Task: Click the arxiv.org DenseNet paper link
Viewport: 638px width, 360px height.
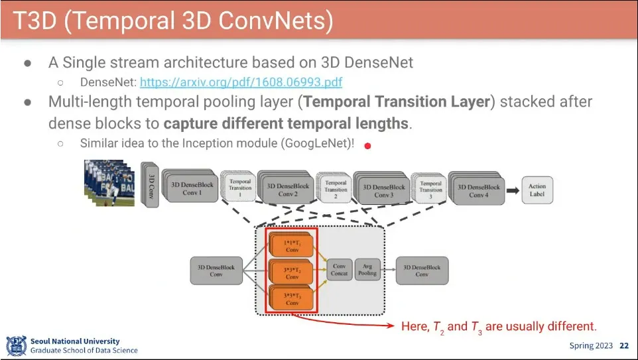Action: click(241, 83)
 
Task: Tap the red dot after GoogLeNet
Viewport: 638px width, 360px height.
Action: click(367, 146)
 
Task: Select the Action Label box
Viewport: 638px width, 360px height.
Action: click(537, 190)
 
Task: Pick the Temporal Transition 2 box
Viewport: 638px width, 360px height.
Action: click(336, 190)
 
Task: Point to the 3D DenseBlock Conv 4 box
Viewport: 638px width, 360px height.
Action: click(478, 190)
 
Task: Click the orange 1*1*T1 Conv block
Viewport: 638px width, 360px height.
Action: click(292, 245)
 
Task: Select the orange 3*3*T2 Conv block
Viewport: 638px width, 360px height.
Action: click(292, 272)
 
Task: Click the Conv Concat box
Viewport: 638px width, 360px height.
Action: click(339, 270)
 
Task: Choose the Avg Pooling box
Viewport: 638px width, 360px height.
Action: click(367, 270)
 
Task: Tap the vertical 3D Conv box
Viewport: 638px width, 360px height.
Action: click(151, 185)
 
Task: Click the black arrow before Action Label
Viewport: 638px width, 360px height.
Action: click(513, 190)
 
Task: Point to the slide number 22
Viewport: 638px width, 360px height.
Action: click(624, 345)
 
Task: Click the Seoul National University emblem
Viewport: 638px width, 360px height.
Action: click(16, 345)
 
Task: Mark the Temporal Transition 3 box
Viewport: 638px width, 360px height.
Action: click(430, 190)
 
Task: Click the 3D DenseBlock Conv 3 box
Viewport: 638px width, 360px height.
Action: click(383, 190)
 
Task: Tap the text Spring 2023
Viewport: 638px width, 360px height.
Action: click(591, 345)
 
